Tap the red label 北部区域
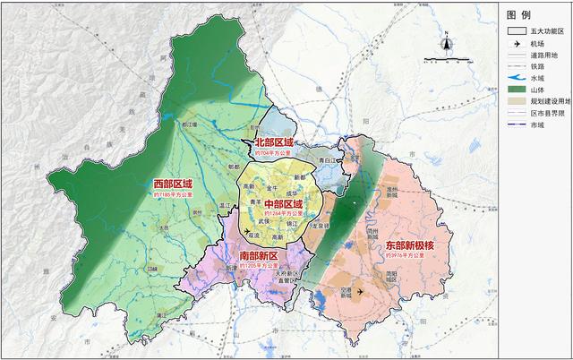274,141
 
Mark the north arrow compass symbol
445,45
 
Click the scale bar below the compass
445,61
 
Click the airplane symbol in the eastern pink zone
361,291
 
